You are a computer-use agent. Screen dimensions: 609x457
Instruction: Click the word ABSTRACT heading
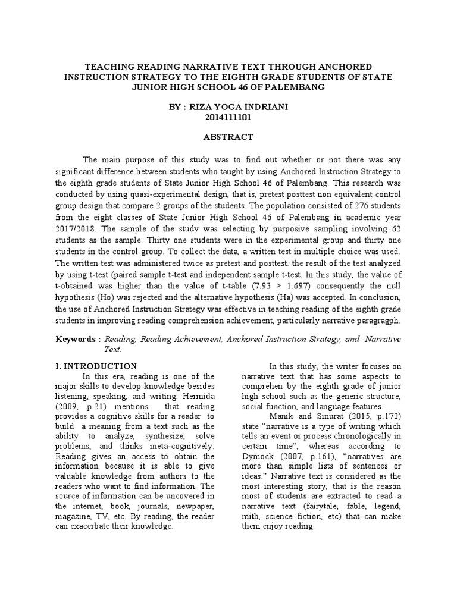pos(228,137)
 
